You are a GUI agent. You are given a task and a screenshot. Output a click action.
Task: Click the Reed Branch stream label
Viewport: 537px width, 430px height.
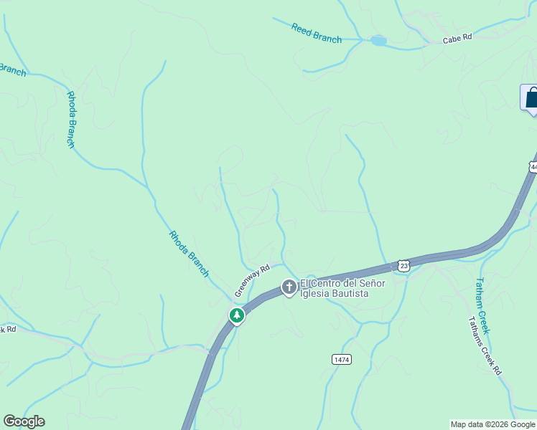(317, 33)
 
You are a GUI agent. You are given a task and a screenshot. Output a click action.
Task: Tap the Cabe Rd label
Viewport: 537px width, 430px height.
(457, 39)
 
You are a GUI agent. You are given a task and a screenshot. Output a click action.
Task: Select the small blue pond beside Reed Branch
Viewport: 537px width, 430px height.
(378, 41)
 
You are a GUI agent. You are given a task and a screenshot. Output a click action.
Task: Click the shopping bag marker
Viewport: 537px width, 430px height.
(531, 98)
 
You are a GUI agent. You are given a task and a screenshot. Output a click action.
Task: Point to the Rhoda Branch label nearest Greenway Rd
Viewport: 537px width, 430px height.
(189, 254)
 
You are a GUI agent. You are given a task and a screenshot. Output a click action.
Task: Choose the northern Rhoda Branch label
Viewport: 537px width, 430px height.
(71, 119)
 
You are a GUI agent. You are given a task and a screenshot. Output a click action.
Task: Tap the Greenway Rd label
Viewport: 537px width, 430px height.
(252, 280)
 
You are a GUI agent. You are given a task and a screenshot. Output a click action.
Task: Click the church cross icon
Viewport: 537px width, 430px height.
(289, 287)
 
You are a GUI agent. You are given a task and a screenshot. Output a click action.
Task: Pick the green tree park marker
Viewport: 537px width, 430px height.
(236, 315)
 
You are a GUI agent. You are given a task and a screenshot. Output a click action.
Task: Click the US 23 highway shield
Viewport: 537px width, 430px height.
(403, 266)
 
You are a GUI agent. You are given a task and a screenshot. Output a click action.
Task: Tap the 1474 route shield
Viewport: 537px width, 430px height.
(342, 359)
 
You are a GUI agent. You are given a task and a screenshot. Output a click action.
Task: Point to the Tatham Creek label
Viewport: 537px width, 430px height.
(482, 305)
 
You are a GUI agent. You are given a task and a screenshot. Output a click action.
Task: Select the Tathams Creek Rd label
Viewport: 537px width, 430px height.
(485, 346)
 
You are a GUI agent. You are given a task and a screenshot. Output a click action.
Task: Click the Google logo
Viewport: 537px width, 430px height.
(24, 421)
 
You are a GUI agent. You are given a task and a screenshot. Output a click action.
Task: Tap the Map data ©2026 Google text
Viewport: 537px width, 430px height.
(492, 424)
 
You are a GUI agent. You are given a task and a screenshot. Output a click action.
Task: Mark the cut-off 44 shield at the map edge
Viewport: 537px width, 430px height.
(533, 167)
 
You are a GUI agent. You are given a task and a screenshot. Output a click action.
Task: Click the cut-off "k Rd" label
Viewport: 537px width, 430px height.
(7, 330)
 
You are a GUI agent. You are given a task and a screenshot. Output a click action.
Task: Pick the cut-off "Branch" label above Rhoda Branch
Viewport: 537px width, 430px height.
(12, 70)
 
